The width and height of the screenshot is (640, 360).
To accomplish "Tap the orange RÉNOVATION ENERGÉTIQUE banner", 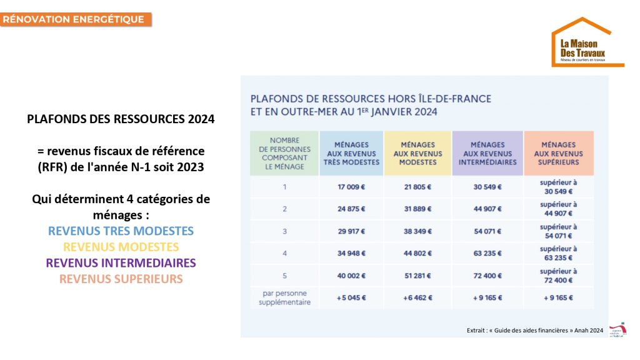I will (76, 19).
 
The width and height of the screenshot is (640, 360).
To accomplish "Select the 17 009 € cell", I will (351, 186).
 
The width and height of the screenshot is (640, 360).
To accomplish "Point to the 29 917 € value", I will (351, 231).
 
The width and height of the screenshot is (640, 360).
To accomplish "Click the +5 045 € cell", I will (351, 297).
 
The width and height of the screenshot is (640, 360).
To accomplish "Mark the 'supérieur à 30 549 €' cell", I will (558, 186).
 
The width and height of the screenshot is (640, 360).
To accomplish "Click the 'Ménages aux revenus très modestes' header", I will (351, 153).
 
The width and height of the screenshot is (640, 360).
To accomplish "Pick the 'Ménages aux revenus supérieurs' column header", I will (558, 153).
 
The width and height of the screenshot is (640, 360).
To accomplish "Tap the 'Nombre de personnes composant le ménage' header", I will (284, 153).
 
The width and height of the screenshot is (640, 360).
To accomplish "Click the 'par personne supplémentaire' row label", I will (284, 297).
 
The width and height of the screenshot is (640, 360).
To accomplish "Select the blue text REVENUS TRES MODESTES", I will (121, 231).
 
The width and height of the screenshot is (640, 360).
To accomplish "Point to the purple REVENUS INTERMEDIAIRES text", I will (121, 262).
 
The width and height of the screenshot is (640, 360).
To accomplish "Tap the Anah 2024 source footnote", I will (534, 330).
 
